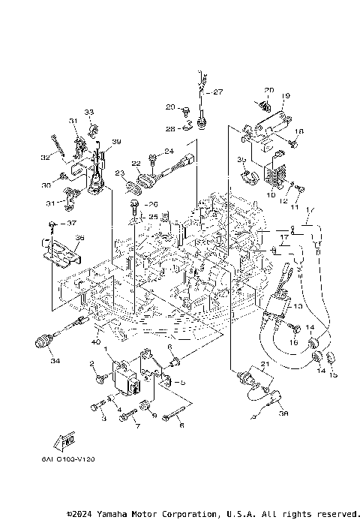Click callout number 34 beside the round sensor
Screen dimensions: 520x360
click(54, 361)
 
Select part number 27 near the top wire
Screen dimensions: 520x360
click(219, 92)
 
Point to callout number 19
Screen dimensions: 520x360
click(286, 97)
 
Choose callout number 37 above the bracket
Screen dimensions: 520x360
click(73, 223)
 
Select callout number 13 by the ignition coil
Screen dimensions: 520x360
click(298, 306)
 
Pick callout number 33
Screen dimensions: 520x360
click(90, 112)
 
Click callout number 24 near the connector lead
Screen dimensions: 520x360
click(169, 152)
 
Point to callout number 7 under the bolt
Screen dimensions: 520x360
click(137, 427)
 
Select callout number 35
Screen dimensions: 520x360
click(241, 160)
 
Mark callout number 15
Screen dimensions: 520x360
click(334, 374)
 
